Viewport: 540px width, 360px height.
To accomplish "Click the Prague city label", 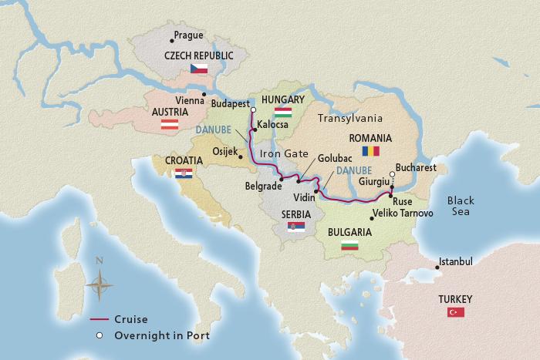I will pyautogui.click(x=189, y=35).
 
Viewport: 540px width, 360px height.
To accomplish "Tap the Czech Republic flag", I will pyautogui.click(x=199, y=69).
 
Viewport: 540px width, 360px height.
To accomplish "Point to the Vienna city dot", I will pyautogui.click(x=204, y=94).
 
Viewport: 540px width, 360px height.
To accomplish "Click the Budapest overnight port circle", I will pyautogui.click(x=253, y=109).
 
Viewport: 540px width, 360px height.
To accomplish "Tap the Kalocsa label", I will pyautogui.click(x=273, y=123).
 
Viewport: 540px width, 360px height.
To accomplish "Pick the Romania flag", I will pyautogui.click(x=372, y=150).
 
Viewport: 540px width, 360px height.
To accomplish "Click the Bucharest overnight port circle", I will pyautogui.click(x=392, y=175).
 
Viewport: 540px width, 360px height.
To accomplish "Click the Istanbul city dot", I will pyautogui.click(x=437, y=267).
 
